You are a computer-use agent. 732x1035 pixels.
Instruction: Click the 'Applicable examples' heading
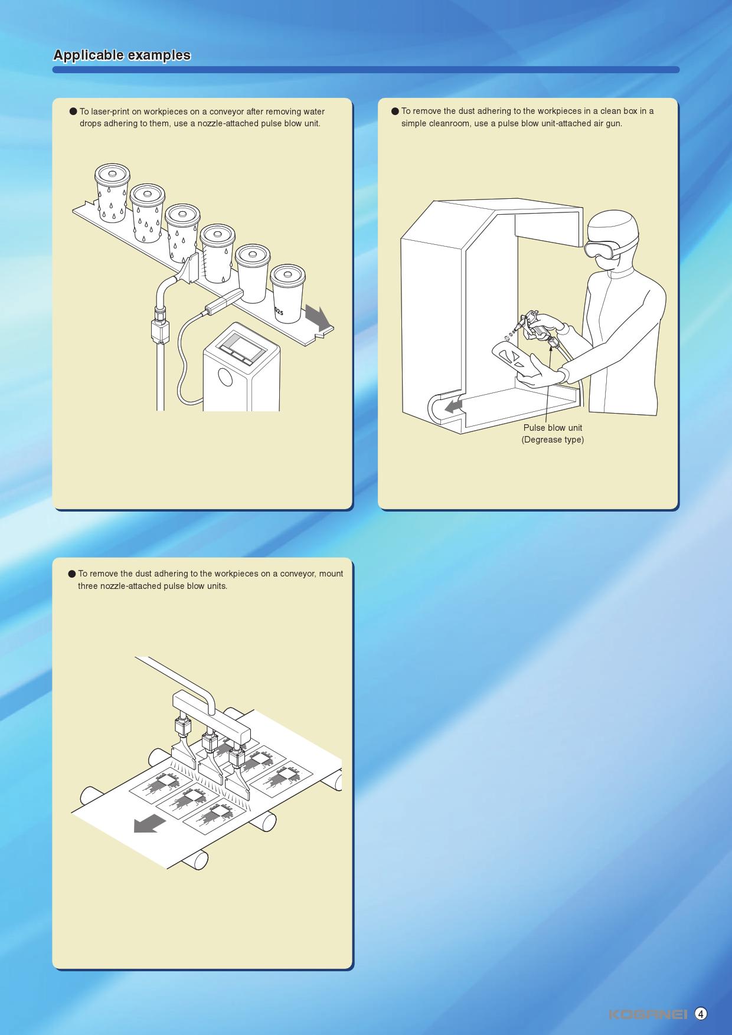122,55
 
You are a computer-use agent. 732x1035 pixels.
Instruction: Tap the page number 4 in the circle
701,1014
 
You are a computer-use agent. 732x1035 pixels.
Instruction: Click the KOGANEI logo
648,1014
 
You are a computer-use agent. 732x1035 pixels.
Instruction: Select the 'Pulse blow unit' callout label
553,428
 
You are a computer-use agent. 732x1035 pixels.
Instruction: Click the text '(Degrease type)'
553,440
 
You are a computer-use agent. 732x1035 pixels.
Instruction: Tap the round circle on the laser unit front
225,376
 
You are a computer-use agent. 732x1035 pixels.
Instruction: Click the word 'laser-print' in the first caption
111,112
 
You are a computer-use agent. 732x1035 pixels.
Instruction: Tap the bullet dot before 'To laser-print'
74,112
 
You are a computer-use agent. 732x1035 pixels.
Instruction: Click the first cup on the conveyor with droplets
112,194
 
